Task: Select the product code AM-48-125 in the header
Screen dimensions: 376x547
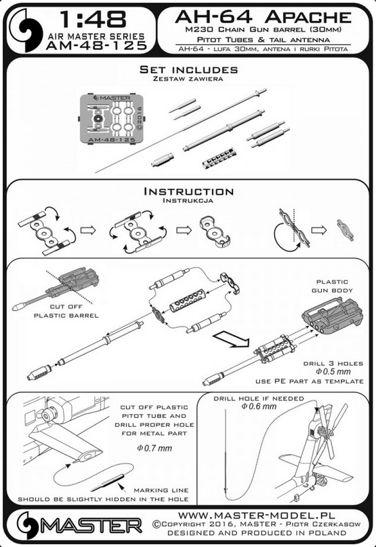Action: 96,45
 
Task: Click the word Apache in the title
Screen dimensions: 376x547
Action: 308,17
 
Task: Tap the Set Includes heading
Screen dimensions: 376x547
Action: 189,69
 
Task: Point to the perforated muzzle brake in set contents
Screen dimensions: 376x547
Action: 218,158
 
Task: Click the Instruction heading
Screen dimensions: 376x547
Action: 189,191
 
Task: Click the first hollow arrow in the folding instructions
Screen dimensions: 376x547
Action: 88,230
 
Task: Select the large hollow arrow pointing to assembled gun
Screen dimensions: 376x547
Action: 231,339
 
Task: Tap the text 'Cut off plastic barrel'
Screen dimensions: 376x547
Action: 66,311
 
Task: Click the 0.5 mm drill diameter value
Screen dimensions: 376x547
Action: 333,371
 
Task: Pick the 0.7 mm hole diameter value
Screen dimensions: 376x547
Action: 154,448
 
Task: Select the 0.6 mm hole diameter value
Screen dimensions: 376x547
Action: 259,406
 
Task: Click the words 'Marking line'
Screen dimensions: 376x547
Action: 161,490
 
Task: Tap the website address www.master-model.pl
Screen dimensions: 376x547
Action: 257,515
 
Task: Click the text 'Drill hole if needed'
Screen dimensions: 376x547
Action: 259,398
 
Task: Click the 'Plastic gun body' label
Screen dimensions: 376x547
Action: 332,286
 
